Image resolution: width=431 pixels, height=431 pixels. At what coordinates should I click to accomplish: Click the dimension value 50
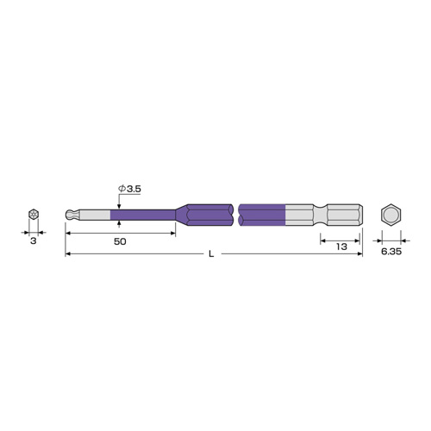click(120, 241)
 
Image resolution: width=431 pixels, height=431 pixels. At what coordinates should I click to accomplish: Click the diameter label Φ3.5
click(129, 189)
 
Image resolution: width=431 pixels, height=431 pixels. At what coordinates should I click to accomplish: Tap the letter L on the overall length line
click(211, 254)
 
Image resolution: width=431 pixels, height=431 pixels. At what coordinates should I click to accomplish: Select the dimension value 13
click(341, 247)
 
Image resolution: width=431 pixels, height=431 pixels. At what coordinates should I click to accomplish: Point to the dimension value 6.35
click(391, 252)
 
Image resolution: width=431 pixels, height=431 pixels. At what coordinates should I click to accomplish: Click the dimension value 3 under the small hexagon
click(34, 241)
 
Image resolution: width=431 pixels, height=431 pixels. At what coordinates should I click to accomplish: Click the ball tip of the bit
click(70, 215)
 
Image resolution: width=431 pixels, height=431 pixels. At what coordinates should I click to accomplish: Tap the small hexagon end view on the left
click(34, 215)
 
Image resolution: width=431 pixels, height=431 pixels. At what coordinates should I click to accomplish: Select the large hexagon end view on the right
click(390, 215)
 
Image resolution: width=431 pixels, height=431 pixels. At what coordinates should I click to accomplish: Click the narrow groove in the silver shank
click(320, 215)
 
